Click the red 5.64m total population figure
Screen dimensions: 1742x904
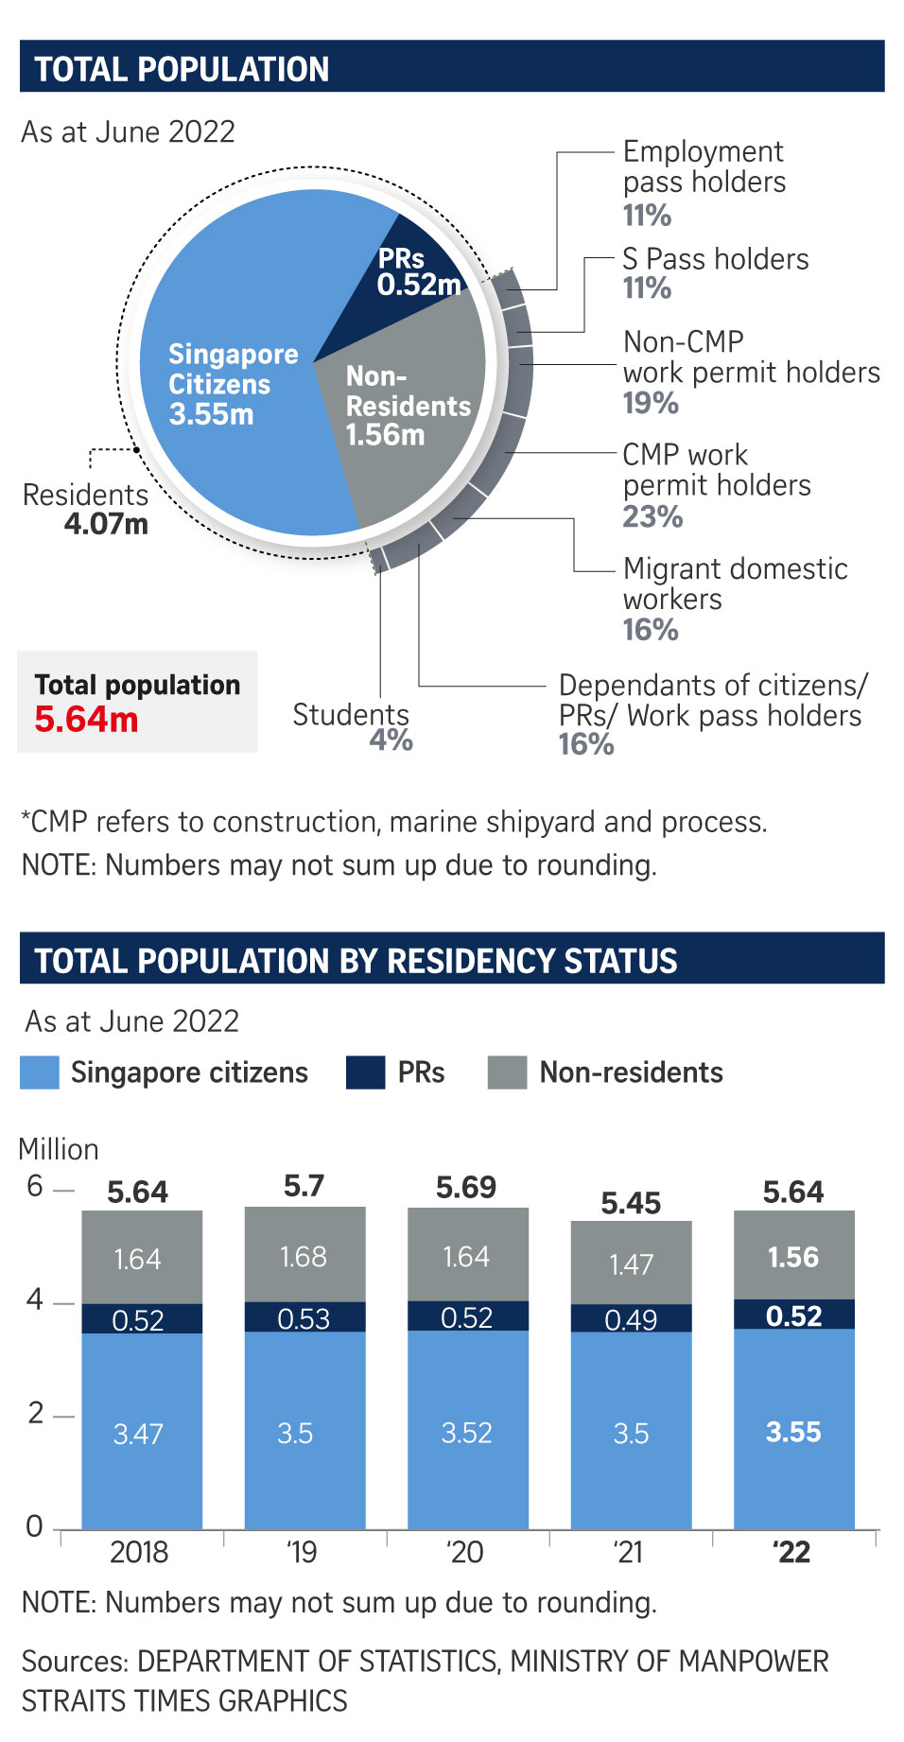pos(86,720)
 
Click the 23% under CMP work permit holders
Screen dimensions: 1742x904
pos(652,516)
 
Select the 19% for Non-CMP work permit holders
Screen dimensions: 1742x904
pos(651,403)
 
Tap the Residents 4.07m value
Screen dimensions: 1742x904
pos(106,524)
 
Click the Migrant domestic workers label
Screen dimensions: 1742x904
pos(734,584)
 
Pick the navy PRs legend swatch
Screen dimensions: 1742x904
pos(365,1072)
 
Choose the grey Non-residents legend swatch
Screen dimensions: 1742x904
pos(507,1072)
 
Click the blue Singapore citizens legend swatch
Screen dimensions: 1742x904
pos(40,1072)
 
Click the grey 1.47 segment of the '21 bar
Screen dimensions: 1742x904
pos(631,1263)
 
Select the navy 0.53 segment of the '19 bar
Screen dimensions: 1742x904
pos(304,1318)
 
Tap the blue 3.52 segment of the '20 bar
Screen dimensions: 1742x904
pos(467,1432)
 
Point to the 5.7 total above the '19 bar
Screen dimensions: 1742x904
pos(304,1186)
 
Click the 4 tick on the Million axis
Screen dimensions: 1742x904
pos(35,1300)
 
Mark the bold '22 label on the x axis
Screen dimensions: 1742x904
pos(791,1552)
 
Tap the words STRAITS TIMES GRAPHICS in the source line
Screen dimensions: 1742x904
pos(184,1700)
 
